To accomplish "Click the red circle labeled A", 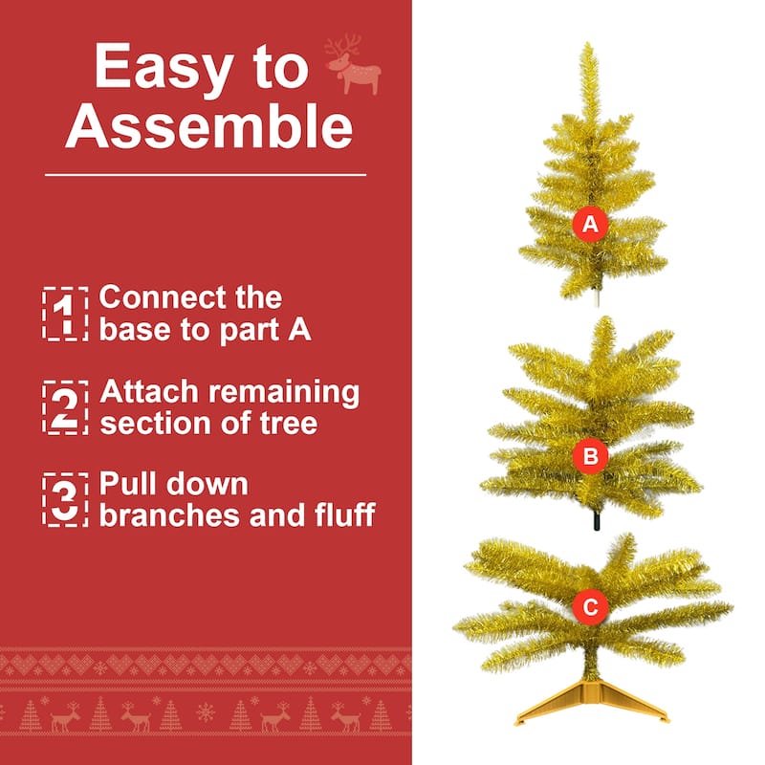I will [590, 225].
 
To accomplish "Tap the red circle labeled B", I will [590, 457].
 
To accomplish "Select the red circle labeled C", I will [590, 606].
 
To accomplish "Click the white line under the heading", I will [206, 175].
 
